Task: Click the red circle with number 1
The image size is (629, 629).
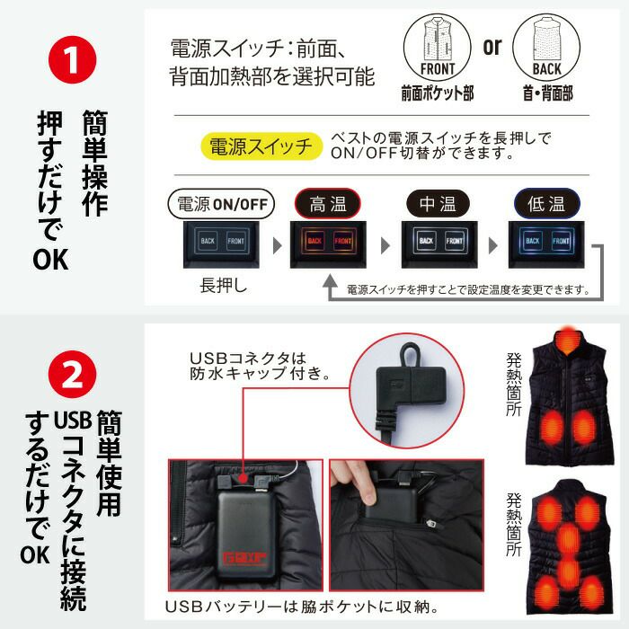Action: (x=72, y=60)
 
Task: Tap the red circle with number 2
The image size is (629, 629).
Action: (x=72, y=375)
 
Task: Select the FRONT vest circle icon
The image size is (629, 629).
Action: (x=438, y=48)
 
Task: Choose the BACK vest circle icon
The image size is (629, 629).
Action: (x=546, y=48)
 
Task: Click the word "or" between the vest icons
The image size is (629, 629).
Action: (x=492, y=47)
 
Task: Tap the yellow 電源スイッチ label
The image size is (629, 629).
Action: (x=261, y=146)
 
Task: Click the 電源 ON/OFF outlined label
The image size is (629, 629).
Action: (x=221, y=204)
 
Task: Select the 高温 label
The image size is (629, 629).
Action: (x=328, y=203)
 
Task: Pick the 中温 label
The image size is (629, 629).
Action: (x=439, y=203)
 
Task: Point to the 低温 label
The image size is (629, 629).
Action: (x=546, y=203)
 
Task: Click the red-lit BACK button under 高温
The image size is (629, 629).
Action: (x=314, y=241)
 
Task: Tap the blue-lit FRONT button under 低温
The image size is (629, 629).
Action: (x=561, y=241)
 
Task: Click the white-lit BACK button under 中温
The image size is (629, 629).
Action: (x=426, y=241)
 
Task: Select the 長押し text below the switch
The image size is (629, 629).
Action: (x=223, y=286)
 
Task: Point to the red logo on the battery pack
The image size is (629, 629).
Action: (x=245, y=558)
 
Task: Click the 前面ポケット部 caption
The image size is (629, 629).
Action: (x=438, y=93)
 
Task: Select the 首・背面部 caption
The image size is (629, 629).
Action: (x=547, y=93)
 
